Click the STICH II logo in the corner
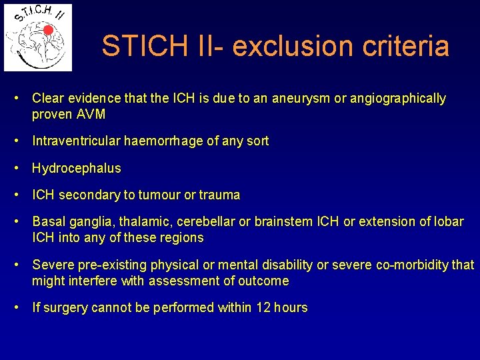(38, 37)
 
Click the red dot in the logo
(48, 30)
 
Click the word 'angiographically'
(398, 99)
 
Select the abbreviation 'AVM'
(92, 114)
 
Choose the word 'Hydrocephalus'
(77, 168)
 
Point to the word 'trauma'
(219, 195)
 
